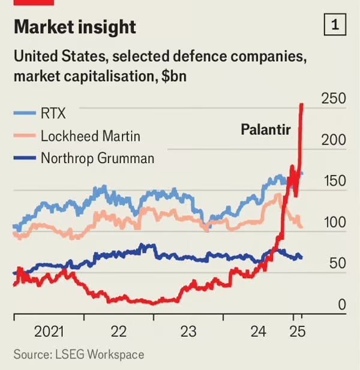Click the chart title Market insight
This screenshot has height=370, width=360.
[74, 27]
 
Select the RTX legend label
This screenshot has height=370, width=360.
[53, 113]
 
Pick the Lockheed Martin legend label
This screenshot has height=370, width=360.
[90, 136]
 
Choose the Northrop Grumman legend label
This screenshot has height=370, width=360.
[97, 158]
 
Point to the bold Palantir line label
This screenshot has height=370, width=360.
[265, 128]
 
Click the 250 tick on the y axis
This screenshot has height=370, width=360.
[334, 98]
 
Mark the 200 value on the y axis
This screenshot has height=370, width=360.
[334, 139]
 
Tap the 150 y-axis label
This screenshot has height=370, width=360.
[334, 181]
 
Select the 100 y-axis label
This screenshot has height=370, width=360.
[334, 222]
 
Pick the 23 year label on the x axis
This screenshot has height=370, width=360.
[188, 331]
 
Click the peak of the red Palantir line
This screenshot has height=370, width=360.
[301, 104]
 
